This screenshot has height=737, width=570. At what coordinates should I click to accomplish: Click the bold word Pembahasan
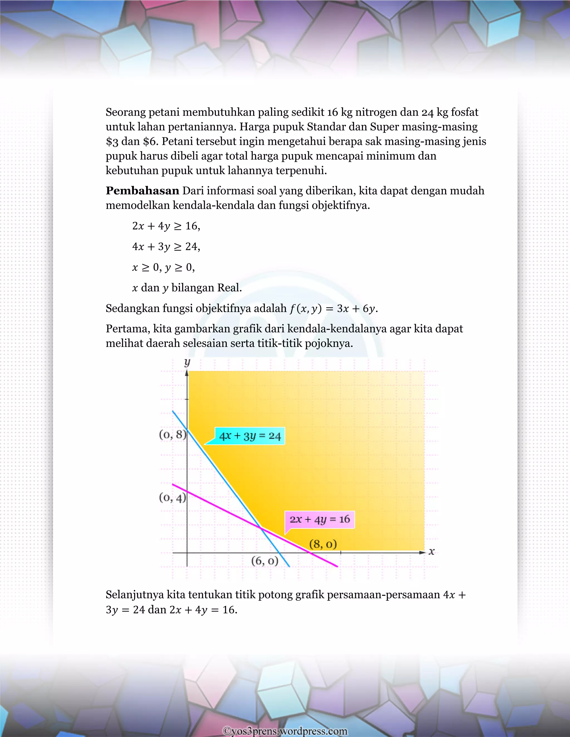142,191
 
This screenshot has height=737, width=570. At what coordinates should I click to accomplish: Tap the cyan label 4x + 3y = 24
250,436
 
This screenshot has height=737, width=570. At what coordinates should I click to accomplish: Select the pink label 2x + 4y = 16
320,519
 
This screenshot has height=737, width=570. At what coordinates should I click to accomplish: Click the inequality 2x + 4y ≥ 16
166,226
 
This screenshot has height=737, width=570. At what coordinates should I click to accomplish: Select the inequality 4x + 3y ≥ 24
166,247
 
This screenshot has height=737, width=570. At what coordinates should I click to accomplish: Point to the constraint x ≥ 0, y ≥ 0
163,267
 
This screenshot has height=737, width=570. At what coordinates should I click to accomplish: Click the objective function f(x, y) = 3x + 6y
333,308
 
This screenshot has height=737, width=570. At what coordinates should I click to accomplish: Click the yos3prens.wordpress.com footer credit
285,731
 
